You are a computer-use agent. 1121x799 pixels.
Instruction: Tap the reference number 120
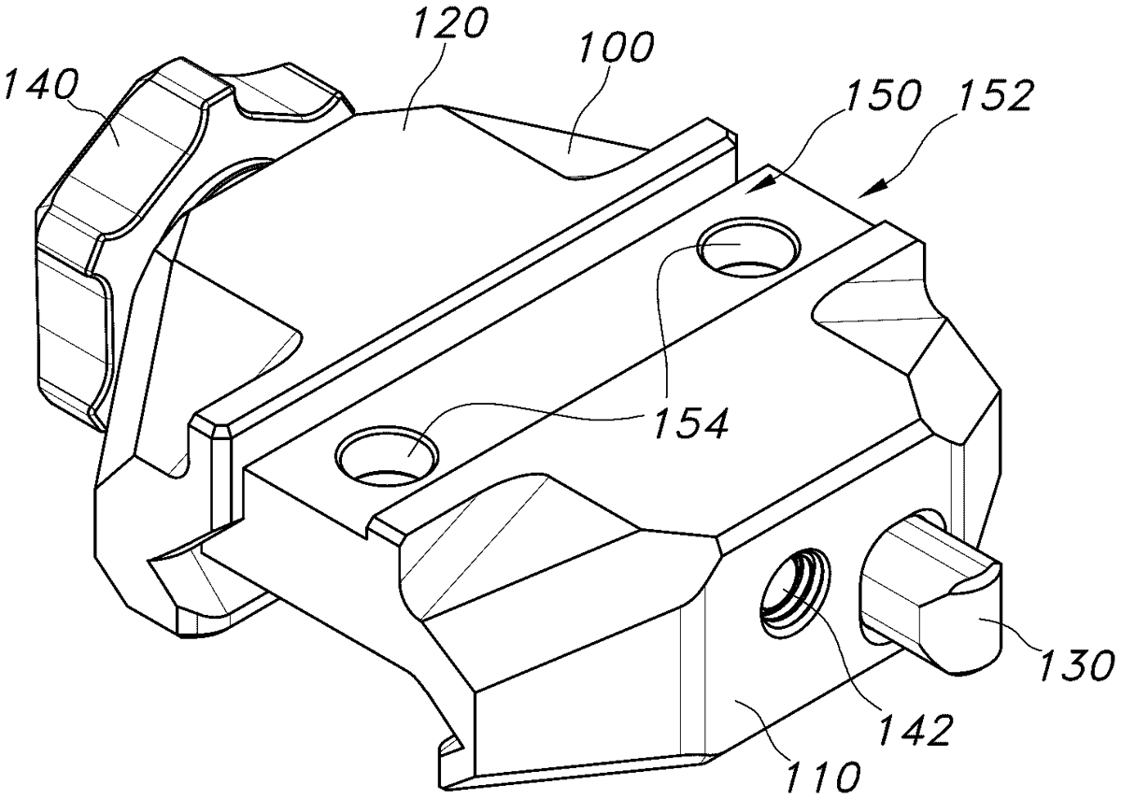450,23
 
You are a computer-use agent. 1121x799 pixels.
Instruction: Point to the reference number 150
882,96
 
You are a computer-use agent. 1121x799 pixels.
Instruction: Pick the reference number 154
690,424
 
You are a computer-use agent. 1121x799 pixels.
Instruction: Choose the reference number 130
1077,665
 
